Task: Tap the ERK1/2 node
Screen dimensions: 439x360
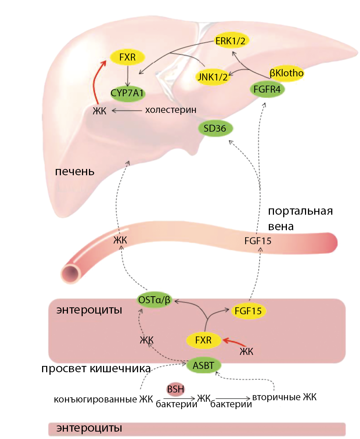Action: coord(230,41)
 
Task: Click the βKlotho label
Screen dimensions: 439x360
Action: coord(287,73)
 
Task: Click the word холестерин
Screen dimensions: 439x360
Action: coord(170,110)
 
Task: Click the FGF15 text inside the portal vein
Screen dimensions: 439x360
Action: coord(258,241)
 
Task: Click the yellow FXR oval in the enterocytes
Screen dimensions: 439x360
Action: coord(204,340)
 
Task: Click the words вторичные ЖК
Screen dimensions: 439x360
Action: coord(284,397)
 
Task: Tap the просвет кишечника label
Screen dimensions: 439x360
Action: coord(96,369)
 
